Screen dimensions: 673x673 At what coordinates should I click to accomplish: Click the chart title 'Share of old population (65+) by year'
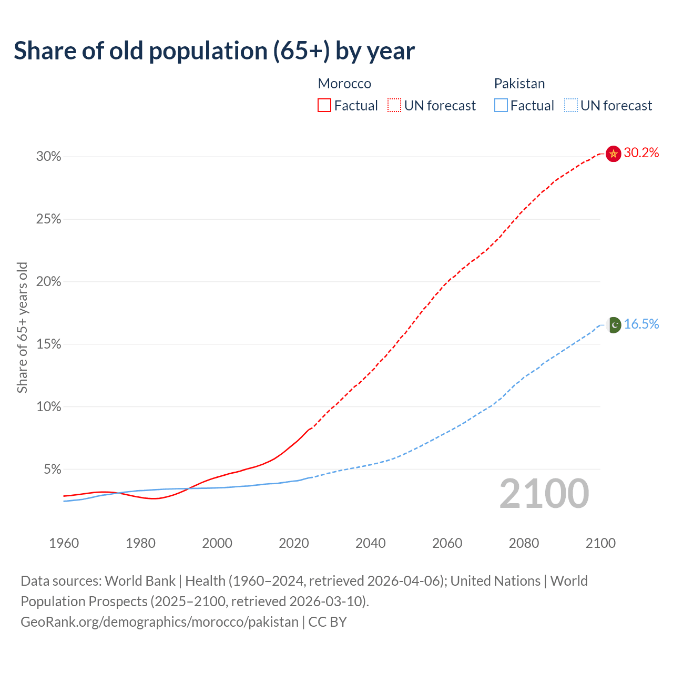coord(214,51)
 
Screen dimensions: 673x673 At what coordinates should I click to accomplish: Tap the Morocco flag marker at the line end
coord(613,154)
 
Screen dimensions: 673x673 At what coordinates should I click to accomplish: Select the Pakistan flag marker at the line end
coord(614,325)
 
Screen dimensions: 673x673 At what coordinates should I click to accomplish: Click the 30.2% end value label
coord(641,153)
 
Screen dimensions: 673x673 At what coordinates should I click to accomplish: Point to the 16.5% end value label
coord(641,324)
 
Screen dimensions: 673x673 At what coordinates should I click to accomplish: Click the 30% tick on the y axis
coord(49,157)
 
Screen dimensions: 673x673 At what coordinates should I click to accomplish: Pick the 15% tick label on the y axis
coord(49,344)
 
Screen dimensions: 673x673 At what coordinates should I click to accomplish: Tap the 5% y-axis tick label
coord(53,469)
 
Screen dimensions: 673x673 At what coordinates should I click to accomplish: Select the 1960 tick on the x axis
coord(64,543)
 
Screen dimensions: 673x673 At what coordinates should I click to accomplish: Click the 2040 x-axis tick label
coord(370,543)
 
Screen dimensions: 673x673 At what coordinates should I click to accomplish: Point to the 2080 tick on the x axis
coord(524,543)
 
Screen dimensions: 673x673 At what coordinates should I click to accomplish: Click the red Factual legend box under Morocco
coord(324,106)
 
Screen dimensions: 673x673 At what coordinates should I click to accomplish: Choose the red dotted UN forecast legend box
coord(394,106)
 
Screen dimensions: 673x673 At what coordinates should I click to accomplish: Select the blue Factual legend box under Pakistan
coord(501,106)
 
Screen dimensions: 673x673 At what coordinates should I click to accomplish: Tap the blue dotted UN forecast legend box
coord(570,106)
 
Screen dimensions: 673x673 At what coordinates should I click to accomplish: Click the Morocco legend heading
coord(344,84)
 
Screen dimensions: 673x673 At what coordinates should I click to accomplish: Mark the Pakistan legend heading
coord(519,84)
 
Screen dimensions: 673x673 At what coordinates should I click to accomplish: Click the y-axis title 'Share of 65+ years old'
coord(22,327)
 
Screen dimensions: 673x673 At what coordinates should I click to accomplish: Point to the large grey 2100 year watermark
coord(544,494)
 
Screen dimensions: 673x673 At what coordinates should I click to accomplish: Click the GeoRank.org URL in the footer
coord(159,622)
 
